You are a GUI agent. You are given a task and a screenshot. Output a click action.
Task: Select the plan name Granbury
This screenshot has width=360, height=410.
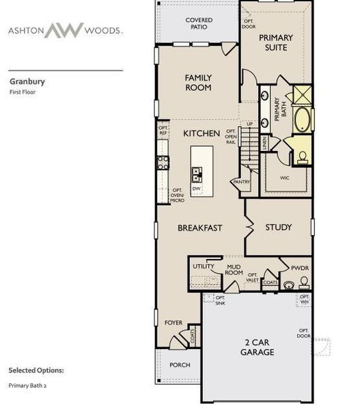coord(27,81)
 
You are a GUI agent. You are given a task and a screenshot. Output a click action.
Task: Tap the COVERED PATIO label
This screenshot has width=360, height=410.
coord(199,25)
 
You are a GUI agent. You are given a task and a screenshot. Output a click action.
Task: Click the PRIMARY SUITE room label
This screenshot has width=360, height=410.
coord(276,42)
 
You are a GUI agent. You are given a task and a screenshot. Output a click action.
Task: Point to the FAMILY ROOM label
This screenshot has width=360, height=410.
coord(198,83)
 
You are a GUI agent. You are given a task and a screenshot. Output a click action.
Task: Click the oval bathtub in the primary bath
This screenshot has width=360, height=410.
coord(301,120)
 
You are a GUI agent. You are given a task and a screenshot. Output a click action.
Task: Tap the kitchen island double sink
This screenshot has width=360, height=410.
coord(197,174)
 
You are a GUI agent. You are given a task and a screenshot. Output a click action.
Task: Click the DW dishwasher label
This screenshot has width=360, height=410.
coord(196,189)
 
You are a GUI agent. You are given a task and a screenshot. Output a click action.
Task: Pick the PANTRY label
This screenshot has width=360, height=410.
coord(241,182)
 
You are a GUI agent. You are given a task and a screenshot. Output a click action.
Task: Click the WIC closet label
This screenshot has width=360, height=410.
coord(285,178)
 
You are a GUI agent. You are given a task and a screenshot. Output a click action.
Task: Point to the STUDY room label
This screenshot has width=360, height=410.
coord(279,227)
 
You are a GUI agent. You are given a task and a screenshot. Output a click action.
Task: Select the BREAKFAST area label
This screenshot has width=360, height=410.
coord(200,228)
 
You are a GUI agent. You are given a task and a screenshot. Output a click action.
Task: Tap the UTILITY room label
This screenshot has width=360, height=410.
coord(204,266)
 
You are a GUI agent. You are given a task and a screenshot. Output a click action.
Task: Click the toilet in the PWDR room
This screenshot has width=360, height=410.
coord(289,285)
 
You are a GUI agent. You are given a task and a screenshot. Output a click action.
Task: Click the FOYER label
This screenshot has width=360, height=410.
coord(174,323)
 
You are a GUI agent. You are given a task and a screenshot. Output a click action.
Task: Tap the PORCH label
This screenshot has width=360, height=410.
coord(180,365)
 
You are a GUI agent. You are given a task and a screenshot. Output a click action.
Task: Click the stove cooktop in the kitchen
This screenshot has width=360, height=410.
coord(163,162)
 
